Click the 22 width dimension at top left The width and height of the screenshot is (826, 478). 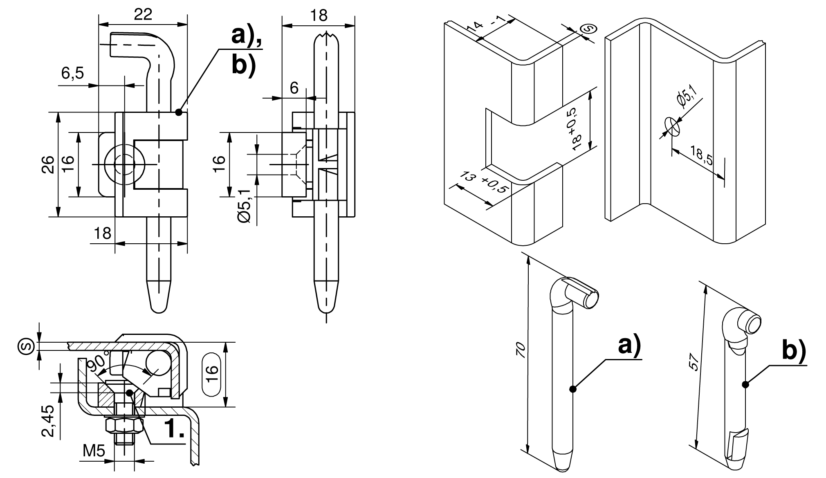[x=143, y=14]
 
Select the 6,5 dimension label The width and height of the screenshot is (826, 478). [x=72, y=74]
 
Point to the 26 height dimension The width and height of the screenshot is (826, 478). [x=49, y=164]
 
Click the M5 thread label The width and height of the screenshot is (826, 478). [x=94, y=451]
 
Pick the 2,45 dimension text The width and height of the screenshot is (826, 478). [x=49, y=421]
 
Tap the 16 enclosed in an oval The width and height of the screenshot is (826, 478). [x=211, y=374]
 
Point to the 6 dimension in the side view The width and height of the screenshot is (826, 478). [x=294, y=88]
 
